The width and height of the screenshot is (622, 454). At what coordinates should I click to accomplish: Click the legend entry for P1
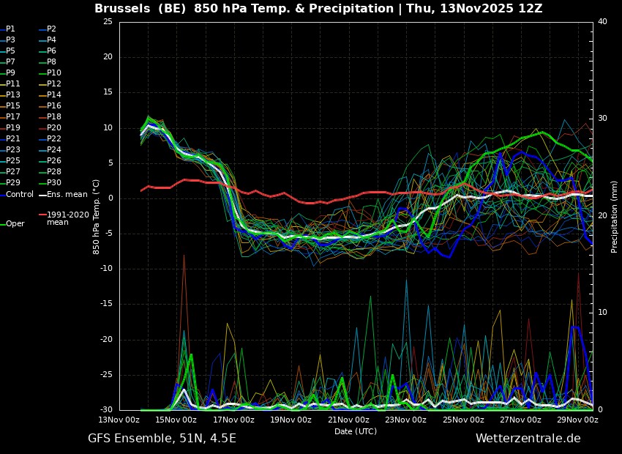click(7, 29)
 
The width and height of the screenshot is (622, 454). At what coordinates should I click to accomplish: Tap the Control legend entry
click(17, 195)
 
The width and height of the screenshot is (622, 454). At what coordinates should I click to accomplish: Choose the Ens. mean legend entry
click(63, 195)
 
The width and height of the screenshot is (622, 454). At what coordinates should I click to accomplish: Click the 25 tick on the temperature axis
click(108, 21)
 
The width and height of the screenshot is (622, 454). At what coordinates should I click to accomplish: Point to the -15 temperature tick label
click(105, 304)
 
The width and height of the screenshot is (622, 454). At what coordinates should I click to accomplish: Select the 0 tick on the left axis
click(110, 198)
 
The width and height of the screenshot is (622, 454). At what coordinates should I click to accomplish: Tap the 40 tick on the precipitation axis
click(602, 21)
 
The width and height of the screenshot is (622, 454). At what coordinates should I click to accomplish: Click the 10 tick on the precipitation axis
click(602, 313)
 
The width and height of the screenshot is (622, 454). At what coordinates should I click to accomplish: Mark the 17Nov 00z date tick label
click(233, 420)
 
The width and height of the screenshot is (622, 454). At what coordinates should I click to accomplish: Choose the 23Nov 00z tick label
click(406, 420)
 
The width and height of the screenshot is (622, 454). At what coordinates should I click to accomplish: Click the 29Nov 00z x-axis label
click(577, 420)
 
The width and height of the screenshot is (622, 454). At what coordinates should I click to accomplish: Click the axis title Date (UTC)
click(356, 431)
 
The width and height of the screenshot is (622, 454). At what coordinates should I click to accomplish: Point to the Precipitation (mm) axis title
click(615, 216)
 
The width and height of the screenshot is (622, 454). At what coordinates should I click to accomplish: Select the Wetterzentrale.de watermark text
click(528, 439)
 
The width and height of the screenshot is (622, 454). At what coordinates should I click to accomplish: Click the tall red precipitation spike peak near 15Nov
click(184, 255)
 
